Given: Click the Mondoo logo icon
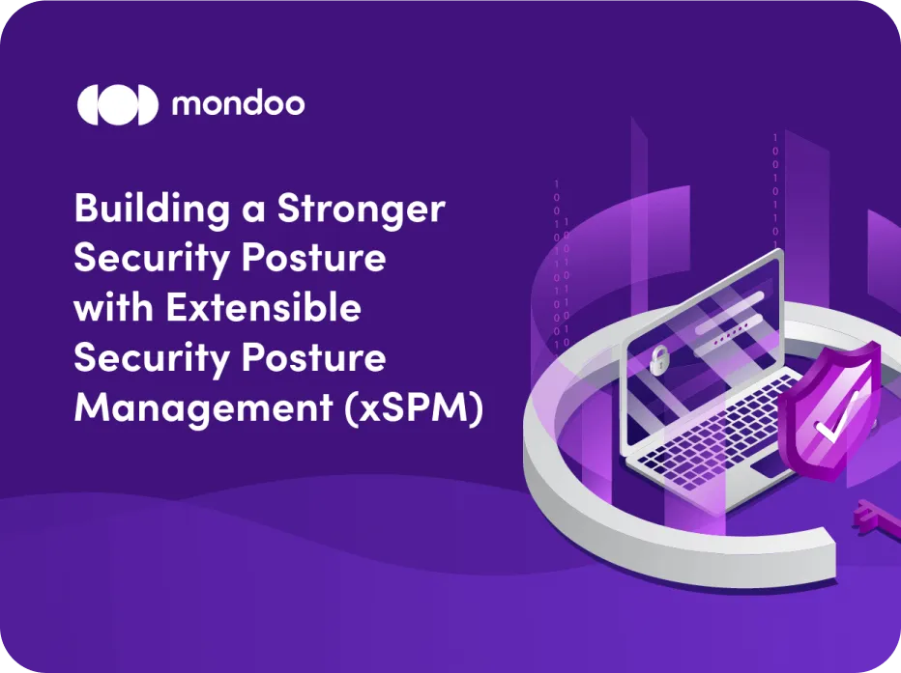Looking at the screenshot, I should tap(116, 104).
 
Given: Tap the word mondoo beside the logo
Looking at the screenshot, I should tap(238, 104).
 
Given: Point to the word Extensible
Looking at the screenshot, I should tap(262, 309).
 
